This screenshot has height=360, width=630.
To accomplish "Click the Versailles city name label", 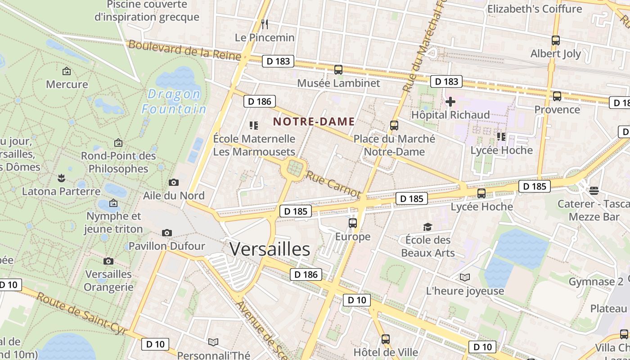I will tap(270, 249).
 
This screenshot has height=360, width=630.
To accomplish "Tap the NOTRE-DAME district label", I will tap(314, 121).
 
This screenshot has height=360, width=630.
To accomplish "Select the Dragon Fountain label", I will tap(174, 102).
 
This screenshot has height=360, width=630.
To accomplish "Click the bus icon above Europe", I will tap(353, 223).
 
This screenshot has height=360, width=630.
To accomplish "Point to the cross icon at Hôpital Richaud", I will tap(450, 102).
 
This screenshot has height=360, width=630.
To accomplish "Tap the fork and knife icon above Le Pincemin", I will tap(265, 24).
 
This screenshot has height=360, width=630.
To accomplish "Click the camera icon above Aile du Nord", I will tap(173, 182).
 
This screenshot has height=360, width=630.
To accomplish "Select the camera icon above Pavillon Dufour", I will tap(167, 233).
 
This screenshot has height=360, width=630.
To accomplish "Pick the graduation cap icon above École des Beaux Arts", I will tap(427, 227).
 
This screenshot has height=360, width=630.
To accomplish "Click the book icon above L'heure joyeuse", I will tap(465, 278).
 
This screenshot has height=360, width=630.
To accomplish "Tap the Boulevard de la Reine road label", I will tap(185, 50).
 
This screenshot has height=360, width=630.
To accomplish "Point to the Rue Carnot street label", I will tap(333, 184).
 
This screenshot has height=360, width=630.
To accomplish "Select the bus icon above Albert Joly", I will tap(556, 40).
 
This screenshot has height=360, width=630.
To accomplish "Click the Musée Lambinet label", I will tap(338, 83).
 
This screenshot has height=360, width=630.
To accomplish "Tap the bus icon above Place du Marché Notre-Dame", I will tap(394, 126).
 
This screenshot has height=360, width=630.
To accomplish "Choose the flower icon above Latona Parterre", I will tap(61, 178).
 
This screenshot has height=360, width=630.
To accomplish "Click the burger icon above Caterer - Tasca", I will tap(594, 190).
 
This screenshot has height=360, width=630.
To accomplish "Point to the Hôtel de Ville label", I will tap(386, 352).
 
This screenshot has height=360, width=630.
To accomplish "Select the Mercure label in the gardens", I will tap(67, 84).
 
